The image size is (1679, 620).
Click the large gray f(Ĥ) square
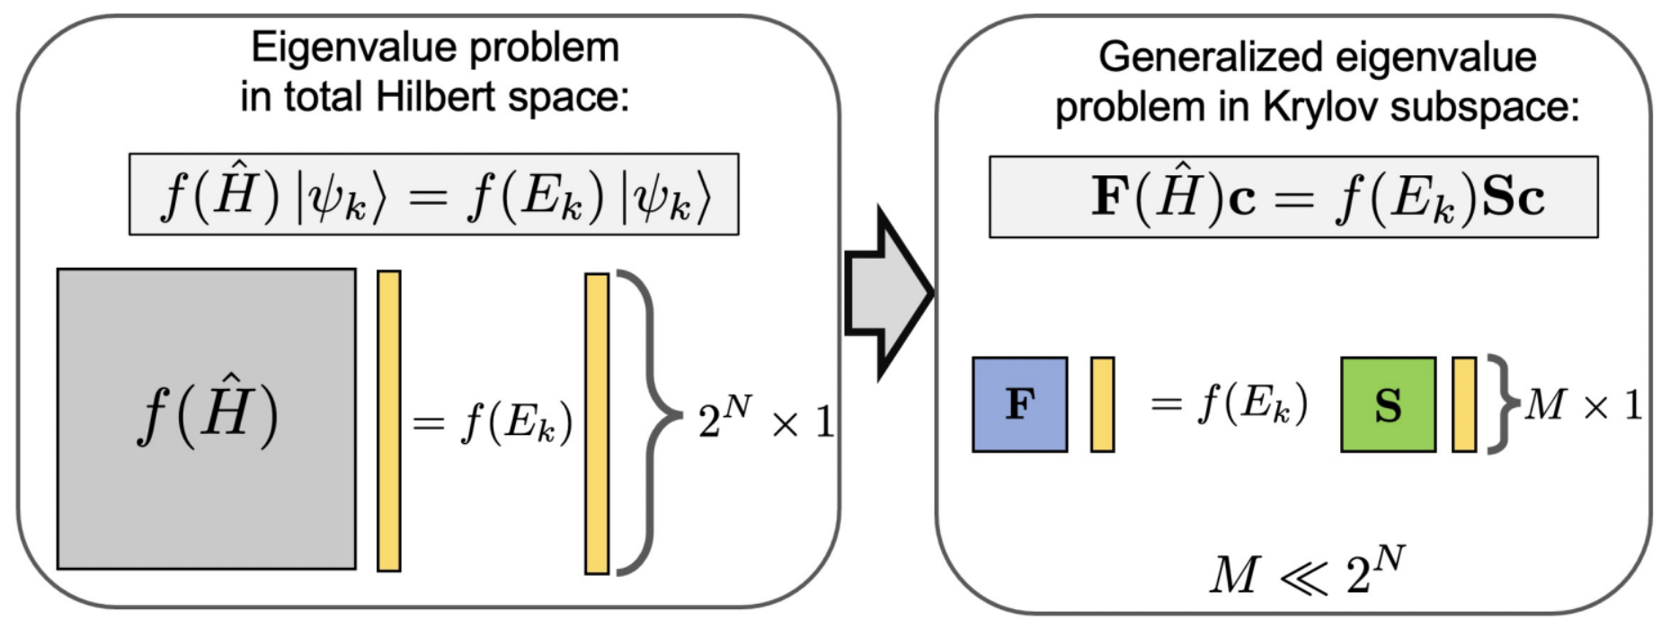click(x=206, y=419)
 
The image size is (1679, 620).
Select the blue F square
click(x=1019, y=404)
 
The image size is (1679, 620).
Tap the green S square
click(x=1387, y=404)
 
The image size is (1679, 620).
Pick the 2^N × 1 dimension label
click(x=765, y=420)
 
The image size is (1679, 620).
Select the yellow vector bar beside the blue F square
click(x=1102, y=404)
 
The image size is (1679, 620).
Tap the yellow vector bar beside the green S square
click(x=1463, y=404)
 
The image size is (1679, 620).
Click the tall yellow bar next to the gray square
click(x=388, y=421)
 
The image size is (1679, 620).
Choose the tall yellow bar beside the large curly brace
click(x=596, y=423)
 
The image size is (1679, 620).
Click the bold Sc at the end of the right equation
click(x=1514, y=197)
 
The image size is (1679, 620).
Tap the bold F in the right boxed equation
click(x=1110, y=196)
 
